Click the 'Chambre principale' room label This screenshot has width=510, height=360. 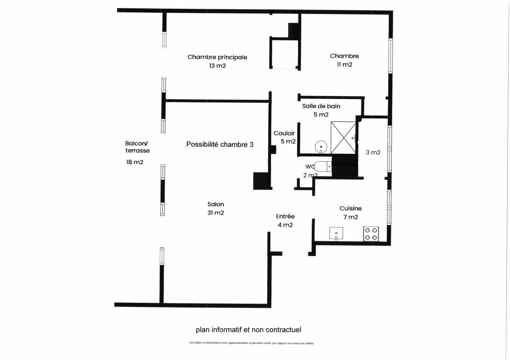point(217,57)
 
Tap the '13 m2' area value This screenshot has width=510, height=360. point(218,66)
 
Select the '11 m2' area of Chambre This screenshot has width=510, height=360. point(345,65)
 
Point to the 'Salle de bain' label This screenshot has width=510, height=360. point(321,106)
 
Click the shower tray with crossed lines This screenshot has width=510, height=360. point(343,138)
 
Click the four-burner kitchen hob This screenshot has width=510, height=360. point(371,234)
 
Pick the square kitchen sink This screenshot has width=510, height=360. point(336,233)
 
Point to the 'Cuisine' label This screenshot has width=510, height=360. point(351,208)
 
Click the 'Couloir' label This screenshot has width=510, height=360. point(284,133)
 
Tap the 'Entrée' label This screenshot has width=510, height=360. point(285,216)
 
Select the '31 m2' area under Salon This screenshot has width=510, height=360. point(216,213)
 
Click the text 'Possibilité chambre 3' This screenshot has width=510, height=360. point(220,144)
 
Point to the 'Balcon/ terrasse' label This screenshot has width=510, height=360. point(137,147)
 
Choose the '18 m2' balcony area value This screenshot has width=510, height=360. point(135,162)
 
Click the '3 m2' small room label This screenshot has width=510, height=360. point(373,152)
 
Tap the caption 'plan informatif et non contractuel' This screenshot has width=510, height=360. point(249,330)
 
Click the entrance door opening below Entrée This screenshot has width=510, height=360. point(295,254)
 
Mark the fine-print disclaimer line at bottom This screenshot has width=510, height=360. point(252,343)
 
